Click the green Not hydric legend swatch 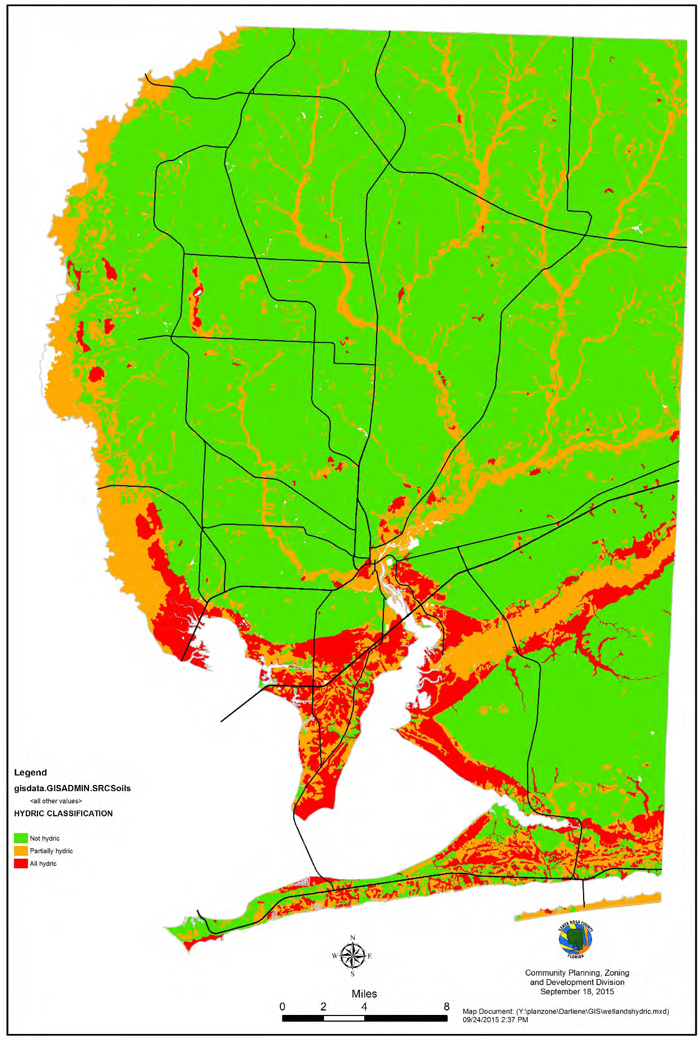coord(21,838)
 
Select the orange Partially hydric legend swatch coord(21,850)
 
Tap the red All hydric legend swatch coord(21,863)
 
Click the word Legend coord(30,773)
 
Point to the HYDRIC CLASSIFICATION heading coord(63,814)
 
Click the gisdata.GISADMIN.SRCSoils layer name coord(72,788)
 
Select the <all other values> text coord(56,801)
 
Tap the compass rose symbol coord(353,956)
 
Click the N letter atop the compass coord(353,938)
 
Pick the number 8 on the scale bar coord(447,1007)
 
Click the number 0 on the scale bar coord(282,1007)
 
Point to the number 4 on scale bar coord(364,1007)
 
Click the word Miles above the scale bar coord(364,994)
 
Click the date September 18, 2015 coord(577,991)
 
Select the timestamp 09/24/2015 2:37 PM coord(495,1019)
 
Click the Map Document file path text coord(566,1012)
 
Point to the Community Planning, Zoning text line coord(577,972)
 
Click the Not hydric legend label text coord(45,838)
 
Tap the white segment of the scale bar coord(344,1018)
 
